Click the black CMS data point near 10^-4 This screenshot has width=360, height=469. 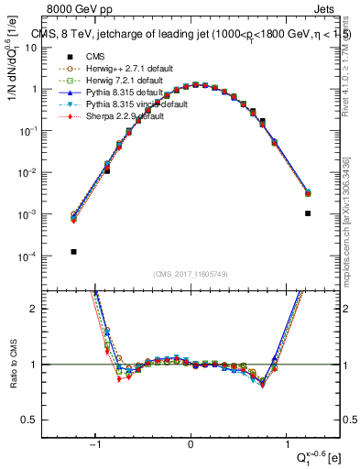(x=73, y=251)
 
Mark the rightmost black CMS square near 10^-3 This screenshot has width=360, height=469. (x=308, y=213)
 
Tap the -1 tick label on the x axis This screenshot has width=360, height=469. (x=95, y=446)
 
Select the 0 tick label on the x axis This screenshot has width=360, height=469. (x=191, y=446)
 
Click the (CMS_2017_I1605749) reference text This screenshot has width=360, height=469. (x=191, y=274)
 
